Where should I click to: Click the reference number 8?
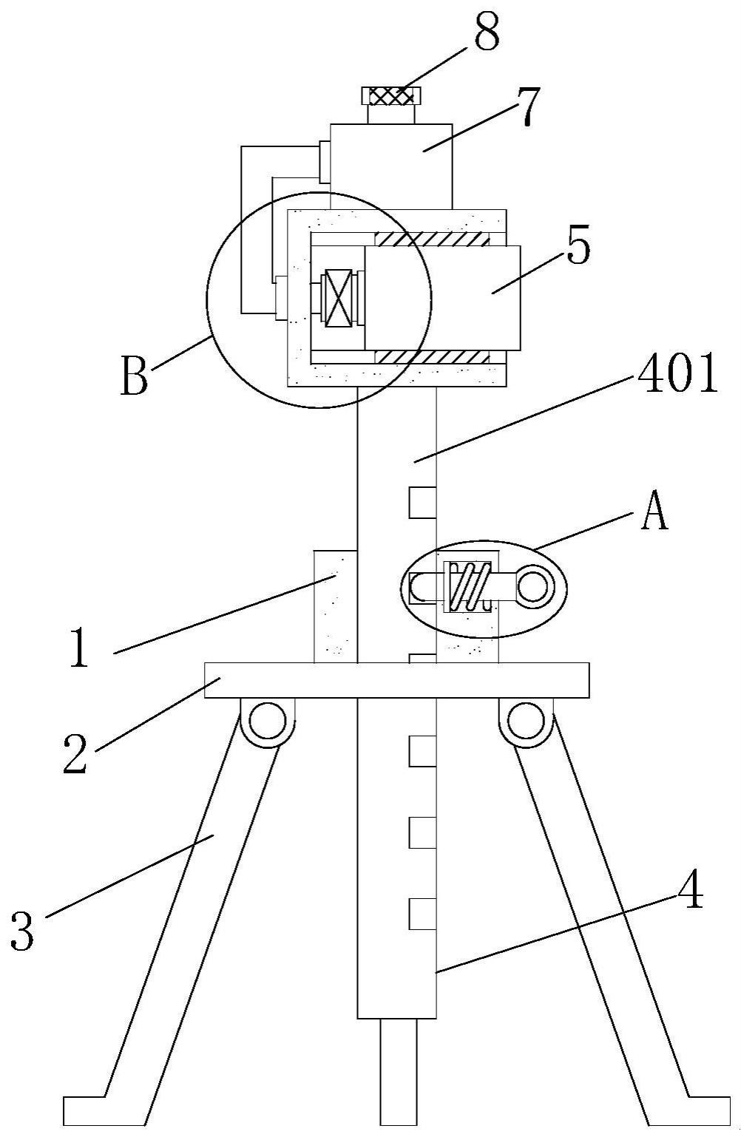pyautogui.click(x=486, y=32)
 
